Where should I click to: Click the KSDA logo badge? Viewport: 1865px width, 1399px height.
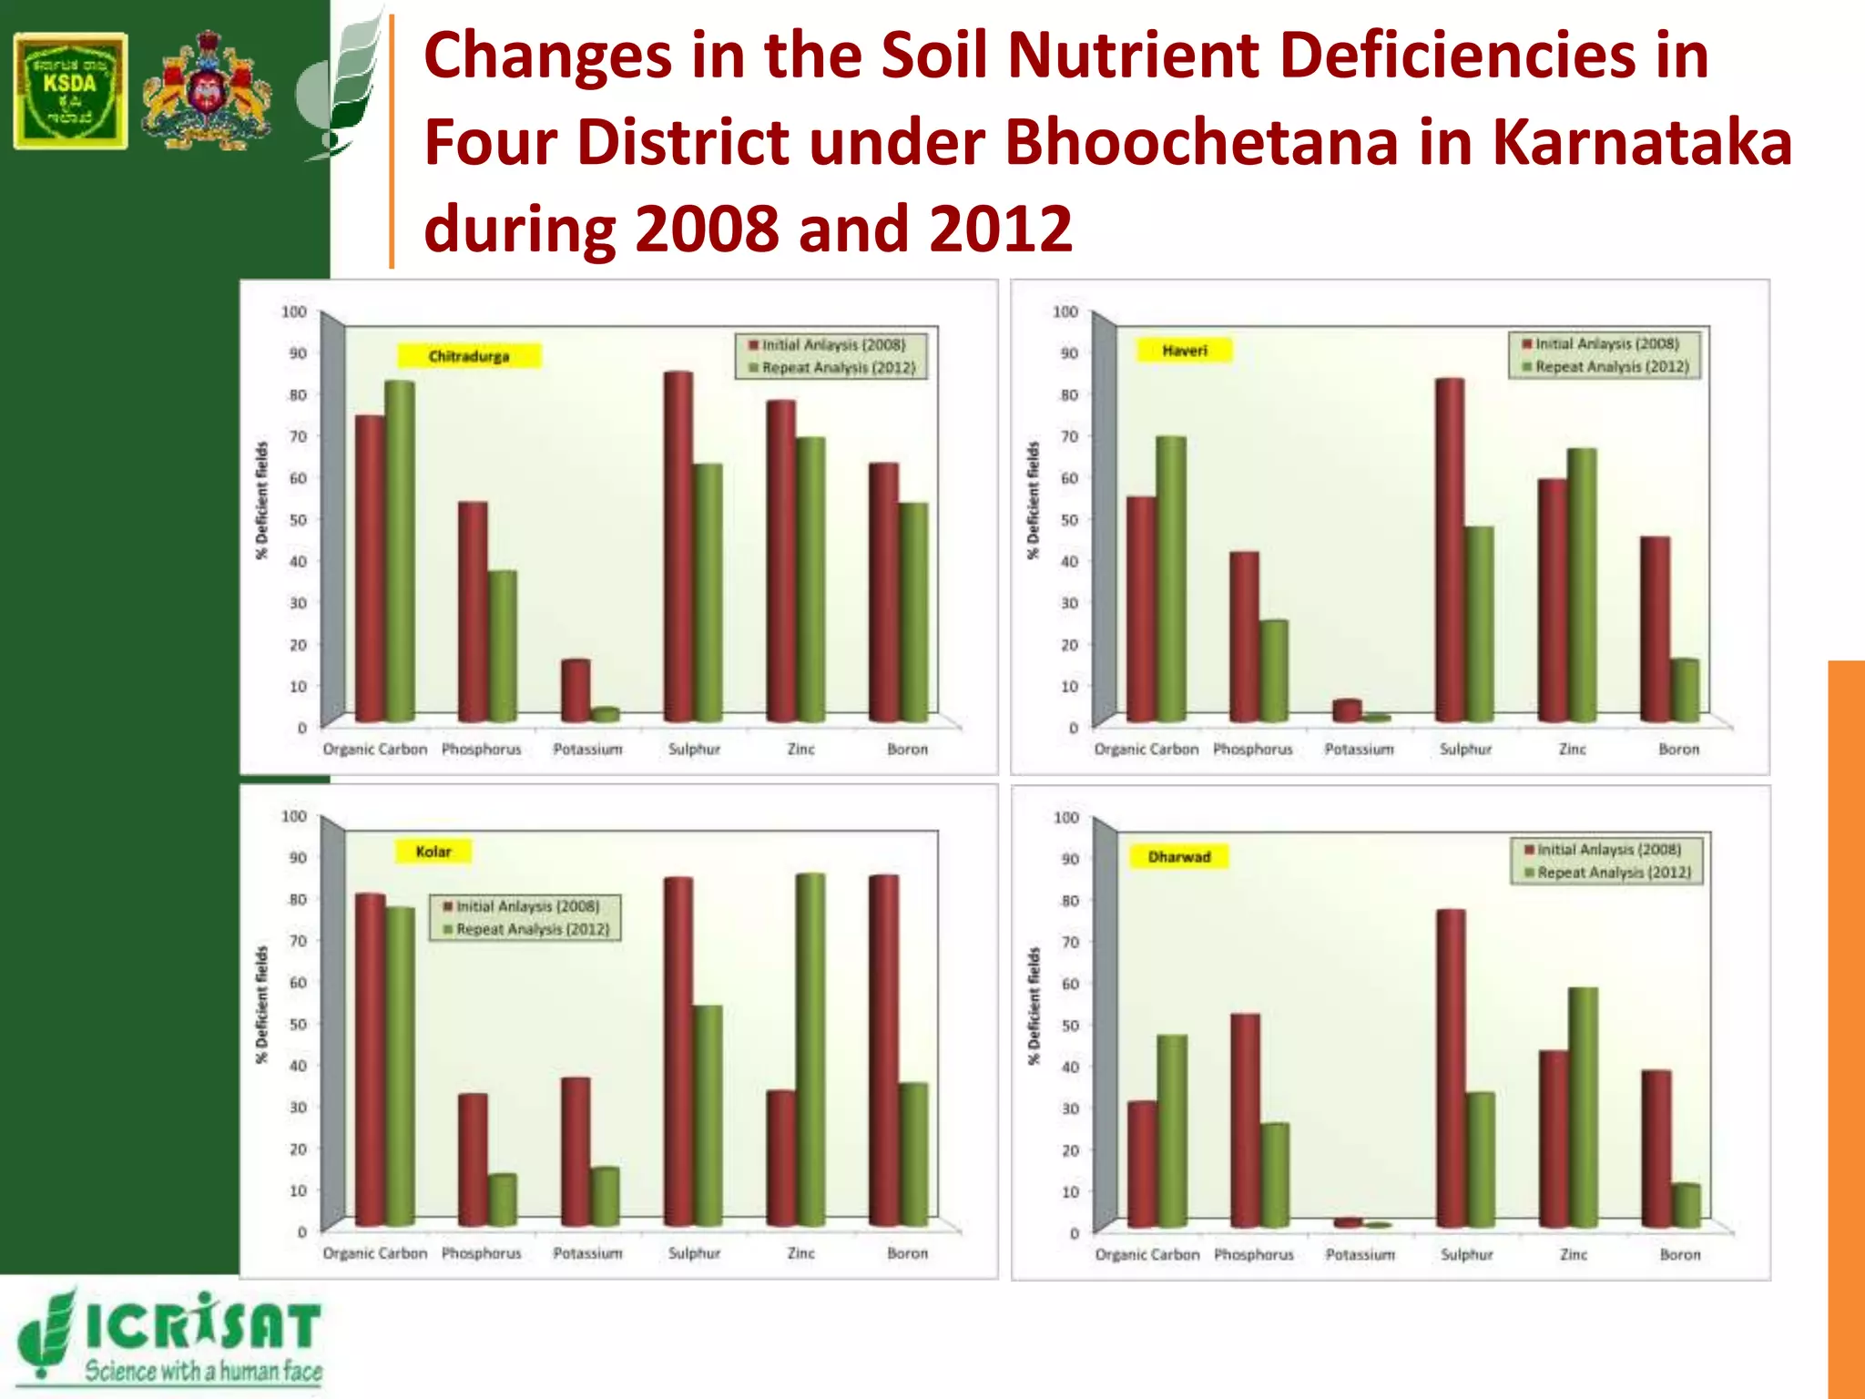pyautogui.click(x=70, y=91)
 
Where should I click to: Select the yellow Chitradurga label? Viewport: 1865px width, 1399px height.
pyautogui.click(x=469, y=355)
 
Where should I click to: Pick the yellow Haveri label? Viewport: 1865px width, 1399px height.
pyautogui.click(x=1184, y=351)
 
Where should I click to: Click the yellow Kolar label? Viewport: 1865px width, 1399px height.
pyautogui.click(x=433, y=852)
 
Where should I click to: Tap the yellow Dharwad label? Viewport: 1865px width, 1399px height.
pyautogui.click(x=1178, y=856)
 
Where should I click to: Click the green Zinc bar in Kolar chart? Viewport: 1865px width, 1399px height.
pyautogui.click(x=810, y=1047)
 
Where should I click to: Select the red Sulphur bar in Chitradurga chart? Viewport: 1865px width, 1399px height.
pyautogui.click(x=678, y=546)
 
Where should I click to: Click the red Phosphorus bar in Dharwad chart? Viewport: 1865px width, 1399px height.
pyautogui.click(x=1245, y=1120)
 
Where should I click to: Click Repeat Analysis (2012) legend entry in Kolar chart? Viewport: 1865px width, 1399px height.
pyautogui.click(x=532, y=929)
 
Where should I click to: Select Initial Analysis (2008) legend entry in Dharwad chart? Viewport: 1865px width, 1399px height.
pyautogui.click(x=1608, y=849)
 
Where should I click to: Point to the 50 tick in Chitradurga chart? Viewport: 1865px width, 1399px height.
pyautogui.click(x=298, y=519)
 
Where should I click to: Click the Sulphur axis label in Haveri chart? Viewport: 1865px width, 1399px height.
pyautogui.click(x=1465, y=749)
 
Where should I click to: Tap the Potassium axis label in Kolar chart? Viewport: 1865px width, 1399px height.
pyautogui.click(x=587, y=1253)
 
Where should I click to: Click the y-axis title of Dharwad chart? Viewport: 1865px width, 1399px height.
pyautogui.click(x=1034, y=1006)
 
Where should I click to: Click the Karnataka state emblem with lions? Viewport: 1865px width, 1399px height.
pyautogui.click(x=207, y=91)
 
